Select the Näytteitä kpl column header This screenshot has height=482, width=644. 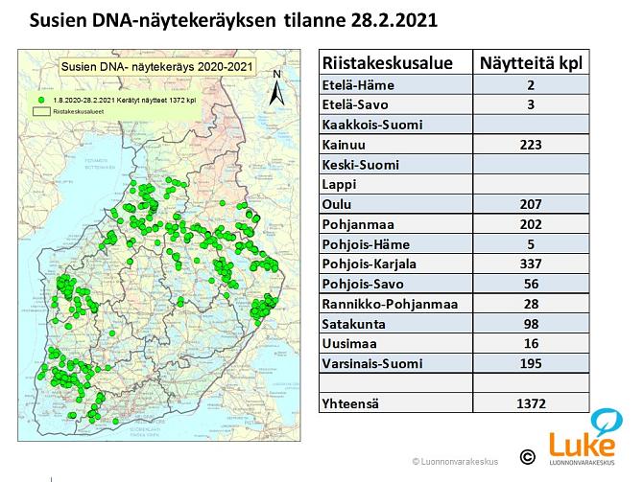530,64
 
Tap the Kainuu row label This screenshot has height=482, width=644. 341,145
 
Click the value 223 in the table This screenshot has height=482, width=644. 530,145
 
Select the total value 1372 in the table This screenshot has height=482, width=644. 530,404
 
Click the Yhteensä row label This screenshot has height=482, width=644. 350,404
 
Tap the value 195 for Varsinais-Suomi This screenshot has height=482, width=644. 530,363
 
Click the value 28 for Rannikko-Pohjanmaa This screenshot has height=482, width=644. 530,304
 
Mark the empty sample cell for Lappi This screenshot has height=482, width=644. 530,184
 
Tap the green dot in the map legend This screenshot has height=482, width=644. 42,99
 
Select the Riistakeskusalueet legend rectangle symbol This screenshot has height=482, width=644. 42,111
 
